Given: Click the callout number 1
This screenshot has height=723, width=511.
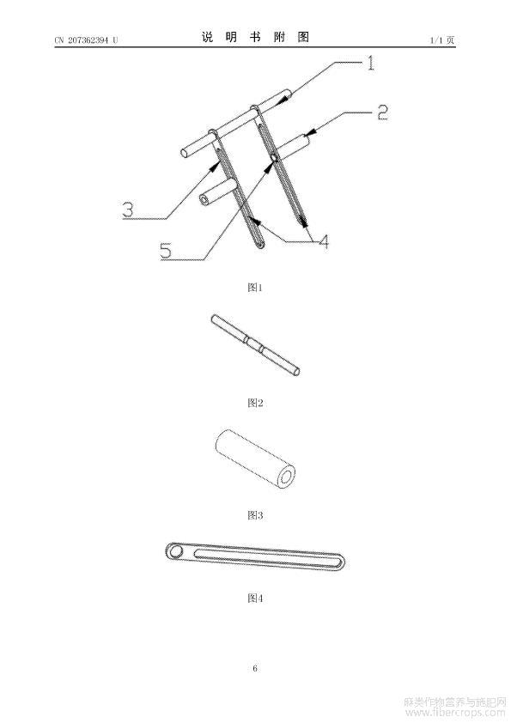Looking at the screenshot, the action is coord(370,63).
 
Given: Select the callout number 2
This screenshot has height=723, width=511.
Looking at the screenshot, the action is coord(382,112).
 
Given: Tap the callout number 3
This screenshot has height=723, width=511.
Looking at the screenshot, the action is coord(128,210).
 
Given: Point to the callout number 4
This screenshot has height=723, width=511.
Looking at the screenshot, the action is coord(324,241).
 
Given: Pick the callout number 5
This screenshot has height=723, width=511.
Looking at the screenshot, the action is coord(166,251).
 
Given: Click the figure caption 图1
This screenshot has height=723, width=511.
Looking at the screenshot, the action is coord(255,288).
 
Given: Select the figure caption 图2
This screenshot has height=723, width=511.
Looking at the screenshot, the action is coord(255,403).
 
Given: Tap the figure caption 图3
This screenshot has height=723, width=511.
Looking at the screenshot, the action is coord(255,515).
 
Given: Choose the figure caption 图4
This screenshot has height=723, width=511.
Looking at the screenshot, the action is coord(255,598).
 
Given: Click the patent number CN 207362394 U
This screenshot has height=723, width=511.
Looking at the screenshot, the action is coord(86,40).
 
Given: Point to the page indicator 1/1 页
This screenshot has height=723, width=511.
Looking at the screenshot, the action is coord(441,40).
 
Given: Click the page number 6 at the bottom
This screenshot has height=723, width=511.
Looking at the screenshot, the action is coord(255,668).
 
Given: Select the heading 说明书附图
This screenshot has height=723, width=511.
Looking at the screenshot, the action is coord(255,37).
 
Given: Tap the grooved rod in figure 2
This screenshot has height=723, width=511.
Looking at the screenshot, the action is coord(255,345).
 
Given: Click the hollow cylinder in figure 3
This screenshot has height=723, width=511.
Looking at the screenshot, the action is coord(255,459).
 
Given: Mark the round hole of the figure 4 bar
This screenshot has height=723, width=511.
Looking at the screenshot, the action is coord(175,551).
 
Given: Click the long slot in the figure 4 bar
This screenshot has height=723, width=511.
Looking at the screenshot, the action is coord(269,556).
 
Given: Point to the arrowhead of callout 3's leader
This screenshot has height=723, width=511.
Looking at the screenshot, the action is coord(215,167).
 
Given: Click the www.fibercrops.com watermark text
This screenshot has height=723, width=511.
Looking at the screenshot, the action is coord(454,713).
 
